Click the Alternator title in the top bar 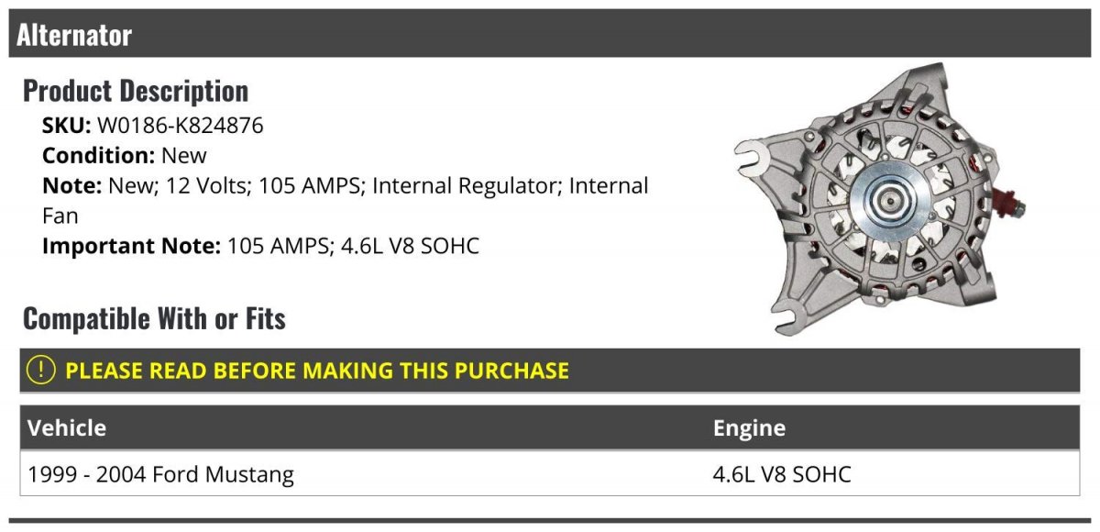coord(74,36)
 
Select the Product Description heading coord(136,91)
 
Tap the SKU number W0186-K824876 coord(181,126)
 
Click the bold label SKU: coord(66,126)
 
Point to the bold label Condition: coord(99,156)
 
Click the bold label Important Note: coord(132,246)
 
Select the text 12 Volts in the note coord(208,185)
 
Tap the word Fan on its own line coord(60,216)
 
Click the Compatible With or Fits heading coord(154,318)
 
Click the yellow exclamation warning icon coord(40,370)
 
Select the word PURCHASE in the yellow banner coord(511,371)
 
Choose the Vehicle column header coord(67,427)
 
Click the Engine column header coord(750,428)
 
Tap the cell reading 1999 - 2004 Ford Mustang coord(160,474)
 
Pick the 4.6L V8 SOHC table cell coord(782,474)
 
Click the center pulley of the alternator coord(890,201)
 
